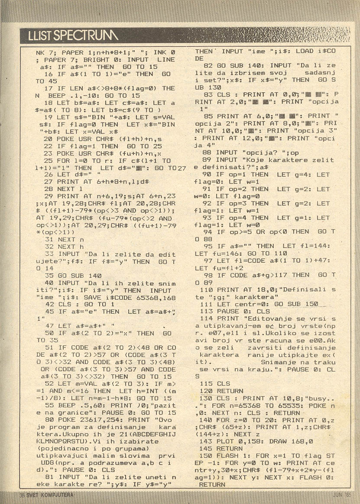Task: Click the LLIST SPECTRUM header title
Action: point(69,35)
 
